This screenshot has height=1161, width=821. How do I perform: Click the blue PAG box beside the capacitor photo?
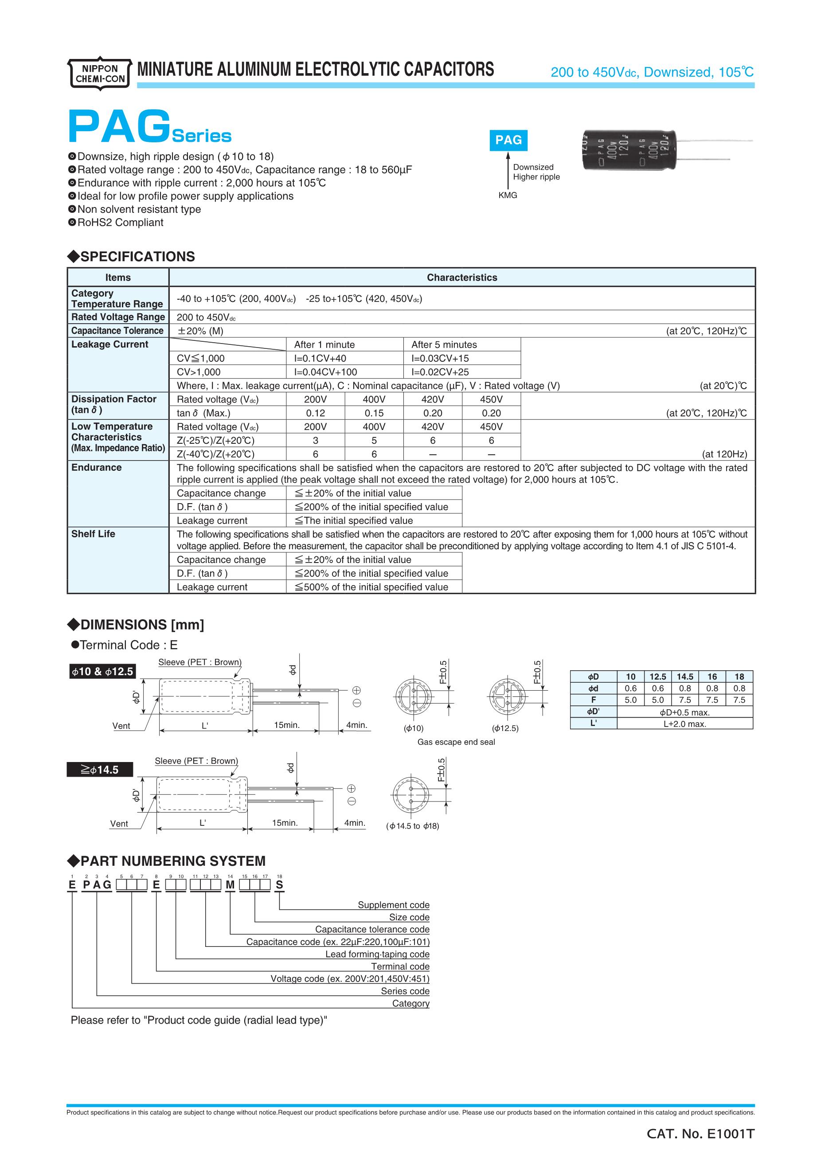[x=508, y=140]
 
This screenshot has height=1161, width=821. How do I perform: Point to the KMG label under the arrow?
[x=508, y=195]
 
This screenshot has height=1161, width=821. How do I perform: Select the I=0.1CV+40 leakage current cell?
[x=320, y=358]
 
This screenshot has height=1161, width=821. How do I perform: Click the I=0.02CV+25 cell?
[x=440, y=371]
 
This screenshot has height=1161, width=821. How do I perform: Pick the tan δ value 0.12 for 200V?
[x=316, y=413]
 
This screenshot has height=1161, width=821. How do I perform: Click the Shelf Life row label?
[x=94, y=534]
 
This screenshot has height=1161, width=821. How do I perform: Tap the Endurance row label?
[x=97, y=467]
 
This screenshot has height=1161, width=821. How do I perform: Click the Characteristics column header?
[x=461, y=277]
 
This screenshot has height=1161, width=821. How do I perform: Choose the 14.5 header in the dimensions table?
[x=685, y=676]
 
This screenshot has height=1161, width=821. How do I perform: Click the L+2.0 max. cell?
[x=685, y=723]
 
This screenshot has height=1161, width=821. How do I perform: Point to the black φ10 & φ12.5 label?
[x=102, y=672]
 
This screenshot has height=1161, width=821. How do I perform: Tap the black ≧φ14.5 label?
[x=100, y=770]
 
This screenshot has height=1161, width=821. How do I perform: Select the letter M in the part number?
[x=230, y=885]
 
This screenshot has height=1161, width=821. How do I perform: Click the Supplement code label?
[x=393, y=905]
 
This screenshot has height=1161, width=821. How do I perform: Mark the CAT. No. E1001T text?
[x=700, y=1134]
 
